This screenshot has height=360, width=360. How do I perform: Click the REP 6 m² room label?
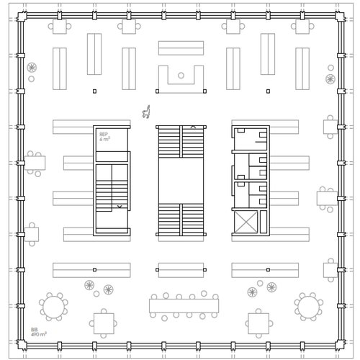[104, 136]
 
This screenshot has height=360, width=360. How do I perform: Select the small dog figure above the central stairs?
[147, 111]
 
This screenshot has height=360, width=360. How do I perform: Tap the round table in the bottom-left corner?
[53, 307]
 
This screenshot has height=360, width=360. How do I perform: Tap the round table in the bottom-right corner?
[309, 307]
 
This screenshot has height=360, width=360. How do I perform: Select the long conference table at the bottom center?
[184, 306]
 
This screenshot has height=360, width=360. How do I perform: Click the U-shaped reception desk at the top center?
[181, 79]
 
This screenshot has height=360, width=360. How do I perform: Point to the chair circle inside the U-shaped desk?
[181, 75]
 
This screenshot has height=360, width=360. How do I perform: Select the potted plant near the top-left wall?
[32, 68]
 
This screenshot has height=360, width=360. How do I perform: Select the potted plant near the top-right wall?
[330, 79]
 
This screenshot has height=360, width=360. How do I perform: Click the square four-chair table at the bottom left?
[104, 323]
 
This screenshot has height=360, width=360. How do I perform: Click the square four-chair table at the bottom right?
[258, 323]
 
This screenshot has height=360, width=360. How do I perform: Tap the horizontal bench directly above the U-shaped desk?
[181, 48]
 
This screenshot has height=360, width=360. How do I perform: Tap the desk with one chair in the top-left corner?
[59, 27]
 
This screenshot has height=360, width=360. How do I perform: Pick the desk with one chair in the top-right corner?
[302, 27]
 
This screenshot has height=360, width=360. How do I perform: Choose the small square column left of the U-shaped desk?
[94, 91]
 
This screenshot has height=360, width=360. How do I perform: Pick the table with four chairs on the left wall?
[34, 163]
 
